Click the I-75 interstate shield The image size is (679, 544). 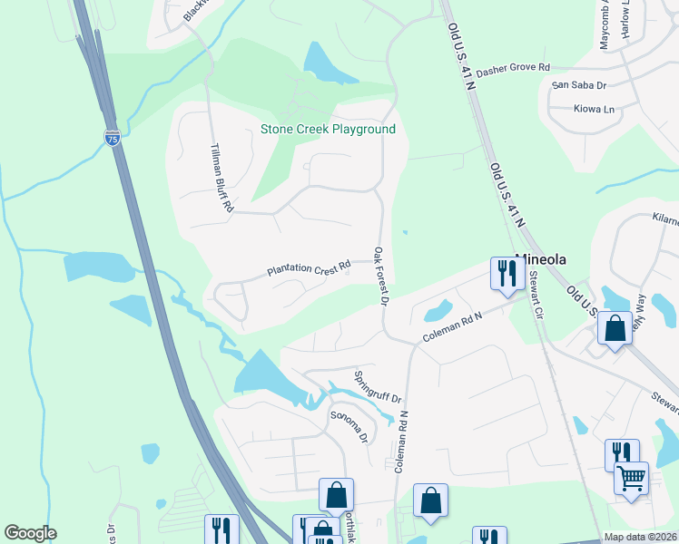tap(112, 138)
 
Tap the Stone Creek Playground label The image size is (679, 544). tap(328, 130)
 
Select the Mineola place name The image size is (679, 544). tap(541, 259)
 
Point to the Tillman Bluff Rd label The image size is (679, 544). tap(222, 178)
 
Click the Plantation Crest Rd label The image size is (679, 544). tap(309, 269)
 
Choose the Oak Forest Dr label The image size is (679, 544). tap(383, 275)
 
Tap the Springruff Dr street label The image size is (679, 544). tap(377, 387)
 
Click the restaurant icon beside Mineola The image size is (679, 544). tap(505, 272)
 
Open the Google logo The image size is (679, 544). tap(30, 533)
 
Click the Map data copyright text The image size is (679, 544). tap(640, 537)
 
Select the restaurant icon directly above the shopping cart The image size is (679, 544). tap(622, 452)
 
